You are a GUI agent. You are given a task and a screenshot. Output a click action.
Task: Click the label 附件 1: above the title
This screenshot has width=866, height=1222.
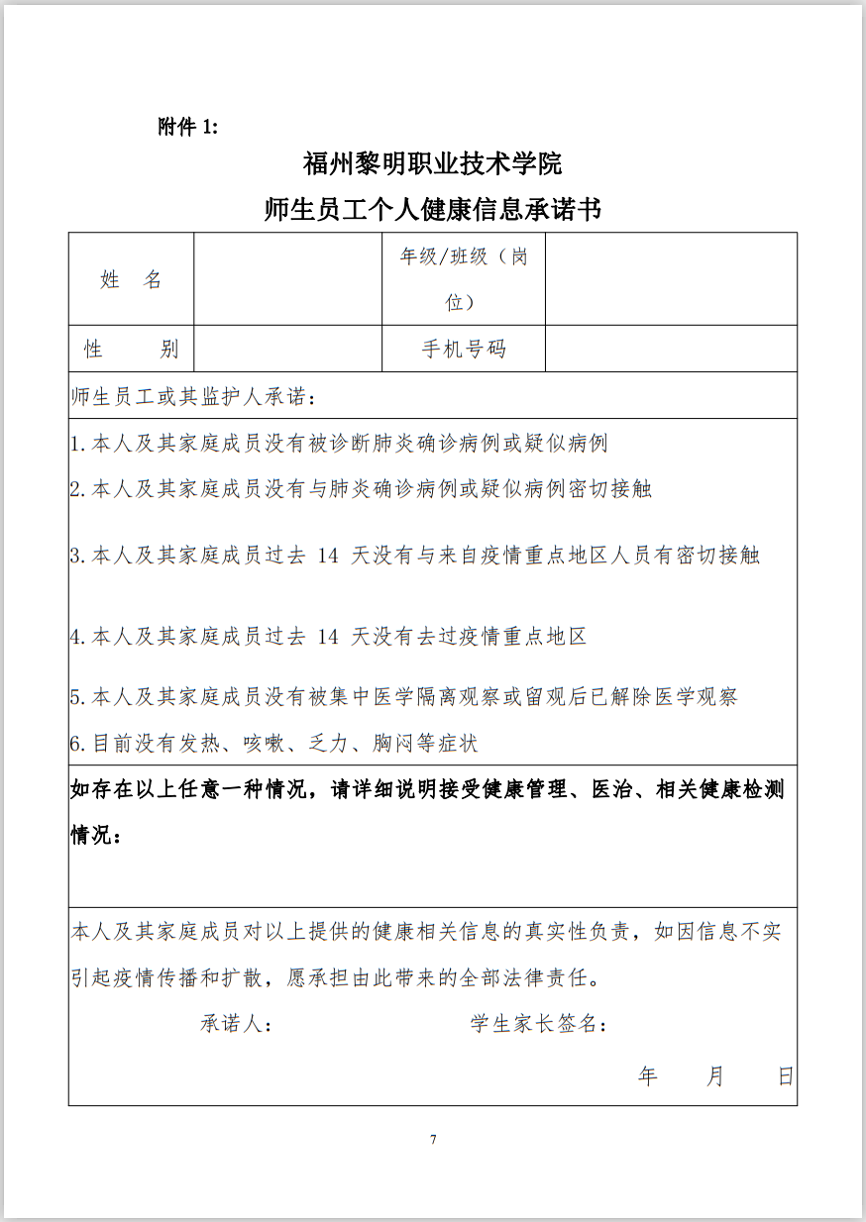pos(187,127)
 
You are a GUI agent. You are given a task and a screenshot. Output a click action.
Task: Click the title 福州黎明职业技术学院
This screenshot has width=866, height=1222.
pos(432,163)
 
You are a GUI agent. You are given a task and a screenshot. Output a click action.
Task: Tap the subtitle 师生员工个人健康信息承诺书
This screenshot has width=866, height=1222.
pos(432,209)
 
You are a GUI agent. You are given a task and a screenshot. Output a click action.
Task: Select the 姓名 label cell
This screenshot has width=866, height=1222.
pos(131,279)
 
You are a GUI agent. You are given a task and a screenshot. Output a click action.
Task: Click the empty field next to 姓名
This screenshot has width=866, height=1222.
pos(287,279)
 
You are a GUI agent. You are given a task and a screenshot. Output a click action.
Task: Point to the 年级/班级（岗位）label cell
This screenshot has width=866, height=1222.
pos(463,279)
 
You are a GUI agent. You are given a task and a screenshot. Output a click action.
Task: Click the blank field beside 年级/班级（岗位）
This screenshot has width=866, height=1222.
pos(671,279)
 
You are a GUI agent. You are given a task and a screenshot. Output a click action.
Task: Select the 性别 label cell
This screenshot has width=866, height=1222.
pos(131,349)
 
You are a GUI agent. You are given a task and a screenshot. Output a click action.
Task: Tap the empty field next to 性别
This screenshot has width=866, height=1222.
pos(287,349)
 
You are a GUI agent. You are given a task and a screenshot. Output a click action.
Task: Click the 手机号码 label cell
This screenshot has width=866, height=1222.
pos(463,349)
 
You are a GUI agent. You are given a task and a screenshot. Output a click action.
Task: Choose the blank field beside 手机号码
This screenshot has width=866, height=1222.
pos(671,349)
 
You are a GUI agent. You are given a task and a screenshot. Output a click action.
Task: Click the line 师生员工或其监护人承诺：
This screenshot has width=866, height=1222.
pos(194,398)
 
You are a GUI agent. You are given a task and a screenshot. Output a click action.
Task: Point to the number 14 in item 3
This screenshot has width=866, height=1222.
pos(328,556)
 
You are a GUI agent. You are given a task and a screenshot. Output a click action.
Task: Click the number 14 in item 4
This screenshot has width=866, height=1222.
pos(328,636)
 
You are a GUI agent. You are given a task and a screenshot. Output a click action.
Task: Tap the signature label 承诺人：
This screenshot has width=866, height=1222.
pos(237,1024)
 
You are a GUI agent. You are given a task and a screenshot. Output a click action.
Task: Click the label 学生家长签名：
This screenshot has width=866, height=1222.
pos(539,1024)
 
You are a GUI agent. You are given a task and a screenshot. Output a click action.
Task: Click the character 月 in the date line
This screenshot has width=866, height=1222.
pos(715,1076)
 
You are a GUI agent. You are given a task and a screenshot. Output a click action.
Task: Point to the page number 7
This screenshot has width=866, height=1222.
pos(433,1139)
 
